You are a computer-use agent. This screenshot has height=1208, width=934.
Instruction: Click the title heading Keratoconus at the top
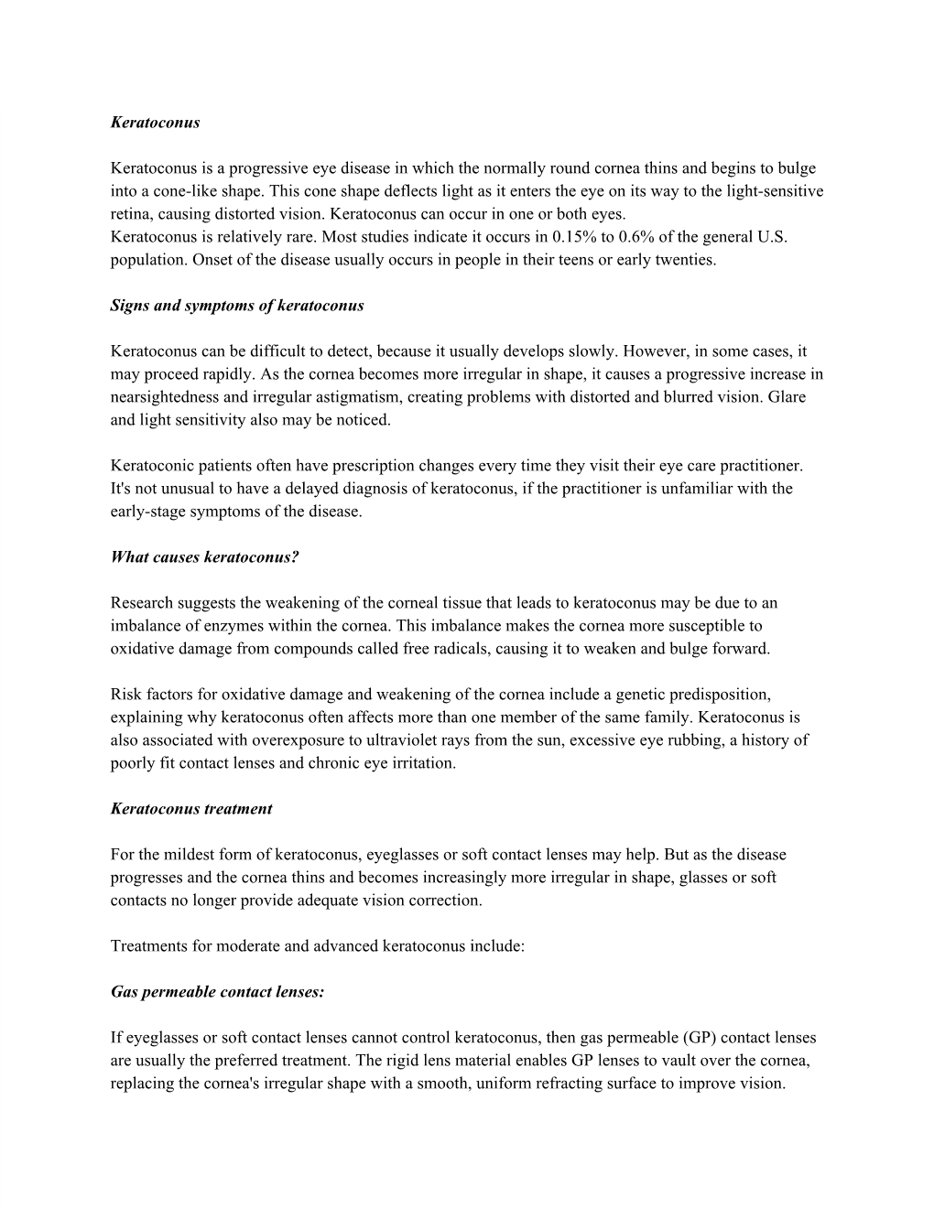click(155, 122)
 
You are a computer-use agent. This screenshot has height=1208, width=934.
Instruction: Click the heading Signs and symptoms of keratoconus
click(236, 306)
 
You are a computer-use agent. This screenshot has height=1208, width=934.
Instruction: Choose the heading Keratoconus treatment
click(190, 809)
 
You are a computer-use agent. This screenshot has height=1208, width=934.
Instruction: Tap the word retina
click(130, 214)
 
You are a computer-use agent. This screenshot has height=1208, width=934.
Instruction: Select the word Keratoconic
click(153, 466)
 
